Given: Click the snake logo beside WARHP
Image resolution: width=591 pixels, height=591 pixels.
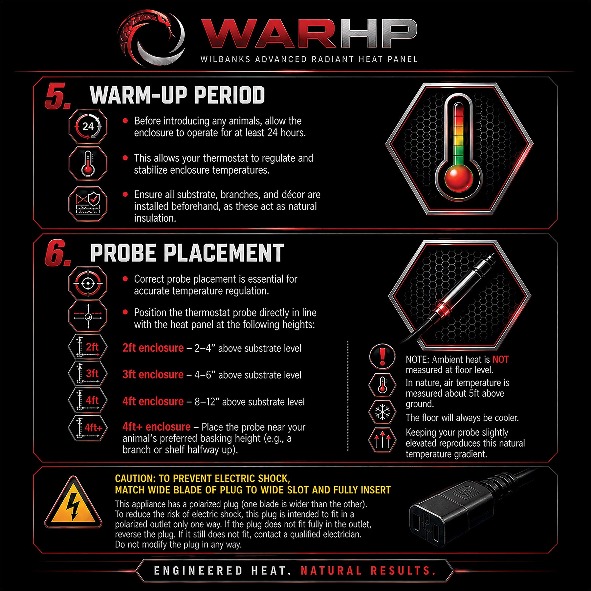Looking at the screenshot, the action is pos(151,38).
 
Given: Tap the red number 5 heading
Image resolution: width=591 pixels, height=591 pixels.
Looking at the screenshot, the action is pos(58,96).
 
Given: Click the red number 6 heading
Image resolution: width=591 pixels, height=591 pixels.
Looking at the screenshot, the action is pos(58,253).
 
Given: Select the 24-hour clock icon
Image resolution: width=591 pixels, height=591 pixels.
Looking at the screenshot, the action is pos(88,126).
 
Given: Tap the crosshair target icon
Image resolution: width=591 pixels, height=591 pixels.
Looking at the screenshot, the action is pos(88,283).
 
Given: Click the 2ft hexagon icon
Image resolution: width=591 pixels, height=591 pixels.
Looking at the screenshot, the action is pos(88,347).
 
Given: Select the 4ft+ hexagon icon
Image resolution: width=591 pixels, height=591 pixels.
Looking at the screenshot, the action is pos(88,427).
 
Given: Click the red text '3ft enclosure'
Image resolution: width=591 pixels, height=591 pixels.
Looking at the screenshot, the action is pos(153,375).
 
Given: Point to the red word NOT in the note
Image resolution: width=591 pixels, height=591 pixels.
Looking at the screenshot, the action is pos(500,360).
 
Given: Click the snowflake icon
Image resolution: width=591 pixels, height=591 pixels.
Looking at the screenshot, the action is pos(382,412).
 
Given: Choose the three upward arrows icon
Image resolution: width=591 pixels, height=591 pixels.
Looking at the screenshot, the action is pos(382,440).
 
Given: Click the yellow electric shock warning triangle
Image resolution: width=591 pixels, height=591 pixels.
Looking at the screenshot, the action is pos(73,502).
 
